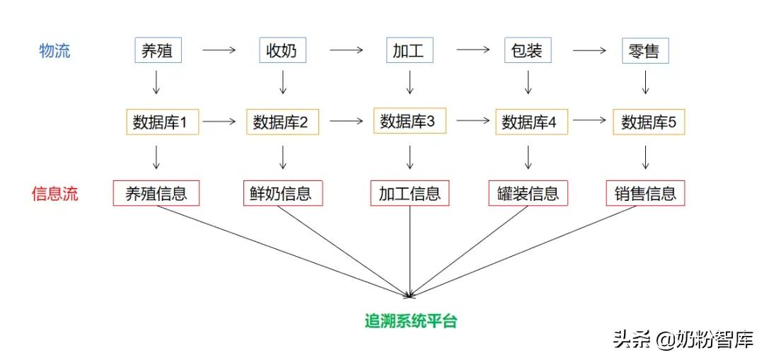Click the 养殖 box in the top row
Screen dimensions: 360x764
click(x=156, y=51)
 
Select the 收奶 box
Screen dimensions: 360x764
click(x=282, y=51)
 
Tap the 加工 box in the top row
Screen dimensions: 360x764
click(x=410, y=51)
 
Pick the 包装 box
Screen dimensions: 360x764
click(x=527, y=51)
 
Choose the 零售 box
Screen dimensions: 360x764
click(x=644, y=51)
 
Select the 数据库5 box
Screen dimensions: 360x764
click(x=649, y=122)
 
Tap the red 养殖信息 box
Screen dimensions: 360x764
click(x=156, y=193)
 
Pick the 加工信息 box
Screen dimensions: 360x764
click(x=410, y=193)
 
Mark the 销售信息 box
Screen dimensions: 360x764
click(x=645, y=193)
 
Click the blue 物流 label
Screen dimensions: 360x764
click(x=54, y=51)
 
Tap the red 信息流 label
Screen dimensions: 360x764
click(x=54, y=194)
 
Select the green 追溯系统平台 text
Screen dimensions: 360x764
click(x=410, y=320)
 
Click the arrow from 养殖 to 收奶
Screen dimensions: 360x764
click(x=219, y=50)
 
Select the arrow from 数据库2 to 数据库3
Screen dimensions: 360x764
click(x=346, y=121)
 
